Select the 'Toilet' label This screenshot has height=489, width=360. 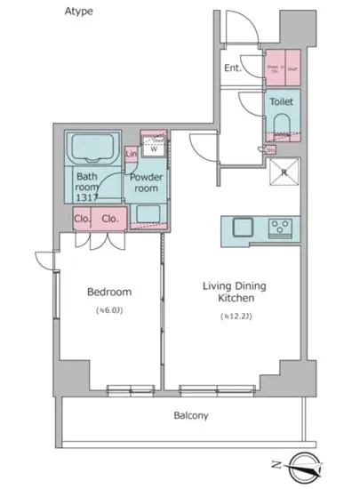point(281,102)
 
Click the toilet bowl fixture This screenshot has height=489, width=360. point(284,124)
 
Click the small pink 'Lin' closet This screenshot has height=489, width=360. point(132,156)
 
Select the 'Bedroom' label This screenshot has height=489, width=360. point(109,292)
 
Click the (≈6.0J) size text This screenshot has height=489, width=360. point(109,310)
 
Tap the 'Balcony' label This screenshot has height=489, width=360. point(190,415)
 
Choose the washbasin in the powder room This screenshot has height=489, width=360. point(146,213)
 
